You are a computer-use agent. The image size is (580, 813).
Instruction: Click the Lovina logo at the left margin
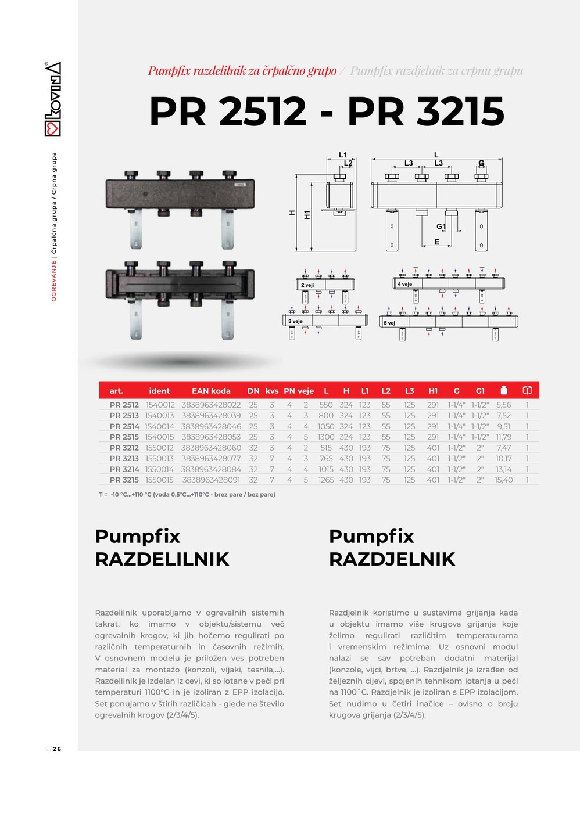52,99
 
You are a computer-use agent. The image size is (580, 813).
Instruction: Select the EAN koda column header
211,391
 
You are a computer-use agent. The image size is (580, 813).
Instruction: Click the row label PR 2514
124,426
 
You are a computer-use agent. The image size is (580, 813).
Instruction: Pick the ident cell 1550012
159,448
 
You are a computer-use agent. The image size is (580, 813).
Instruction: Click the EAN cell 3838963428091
211,480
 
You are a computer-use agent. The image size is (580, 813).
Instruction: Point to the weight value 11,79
503,437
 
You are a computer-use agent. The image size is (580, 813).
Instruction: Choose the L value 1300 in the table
326,437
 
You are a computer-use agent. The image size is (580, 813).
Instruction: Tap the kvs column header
272,391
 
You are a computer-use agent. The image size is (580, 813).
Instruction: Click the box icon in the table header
527,390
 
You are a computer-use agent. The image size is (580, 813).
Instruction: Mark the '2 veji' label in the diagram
307,285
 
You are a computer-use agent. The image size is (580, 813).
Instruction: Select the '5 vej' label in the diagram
389,323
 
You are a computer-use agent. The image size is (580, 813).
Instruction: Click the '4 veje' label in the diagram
404,284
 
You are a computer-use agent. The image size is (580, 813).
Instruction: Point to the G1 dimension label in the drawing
441,226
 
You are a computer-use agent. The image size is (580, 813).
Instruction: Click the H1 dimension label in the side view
307,215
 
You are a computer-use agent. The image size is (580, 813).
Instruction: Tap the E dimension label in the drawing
437,242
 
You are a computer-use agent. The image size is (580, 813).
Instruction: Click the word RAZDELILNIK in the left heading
162,559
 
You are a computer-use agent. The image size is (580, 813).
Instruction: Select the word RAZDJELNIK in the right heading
392,559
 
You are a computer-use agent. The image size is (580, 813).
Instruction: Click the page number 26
57,749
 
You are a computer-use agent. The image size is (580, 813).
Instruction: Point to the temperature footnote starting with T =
187,494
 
